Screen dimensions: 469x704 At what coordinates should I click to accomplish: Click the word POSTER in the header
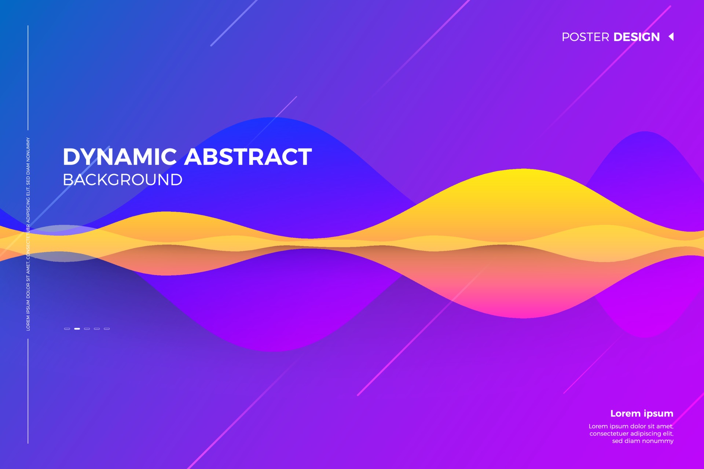tap(585, 37)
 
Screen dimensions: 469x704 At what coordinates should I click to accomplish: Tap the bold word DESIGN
tap(636, 37)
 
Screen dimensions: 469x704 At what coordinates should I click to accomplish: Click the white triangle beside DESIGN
tap(671, 37)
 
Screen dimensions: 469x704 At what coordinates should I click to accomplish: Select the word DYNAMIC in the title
tap(120, 157)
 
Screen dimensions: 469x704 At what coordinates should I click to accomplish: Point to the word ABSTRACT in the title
tap(248, 157)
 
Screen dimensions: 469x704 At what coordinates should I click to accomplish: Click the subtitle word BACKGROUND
tap(122, 180)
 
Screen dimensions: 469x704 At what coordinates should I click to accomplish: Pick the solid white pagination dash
tap(77, 329)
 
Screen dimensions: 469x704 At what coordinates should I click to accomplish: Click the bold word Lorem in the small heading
tap(625, 413)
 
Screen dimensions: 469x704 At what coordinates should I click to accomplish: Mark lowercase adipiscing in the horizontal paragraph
tap(646, 434)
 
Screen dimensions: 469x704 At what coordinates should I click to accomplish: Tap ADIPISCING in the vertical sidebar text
tap(28, 208)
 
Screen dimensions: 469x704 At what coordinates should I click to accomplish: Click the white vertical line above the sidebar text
tap(28, 77)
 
